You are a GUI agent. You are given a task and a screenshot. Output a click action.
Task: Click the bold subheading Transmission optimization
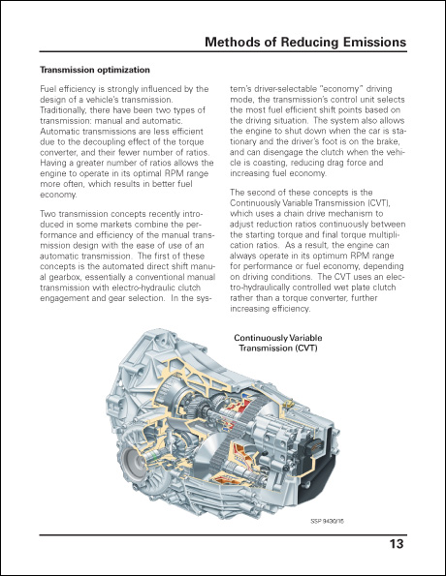(95, 71)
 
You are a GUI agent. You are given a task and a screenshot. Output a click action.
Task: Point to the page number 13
(397, 544)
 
